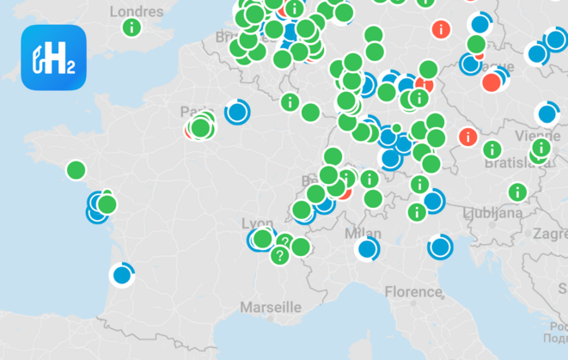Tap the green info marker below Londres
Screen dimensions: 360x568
[131, 27]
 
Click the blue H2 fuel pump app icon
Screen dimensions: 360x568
[54, 58]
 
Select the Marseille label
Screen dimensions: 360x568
[271, 307]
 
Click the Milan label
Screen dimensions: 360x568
[363, 234]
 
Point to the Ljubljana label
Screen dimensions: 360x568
[492, 212]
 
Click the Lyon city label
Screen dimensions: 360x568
[258, 221]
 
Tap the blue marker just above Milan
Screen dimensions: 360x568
[368, 249]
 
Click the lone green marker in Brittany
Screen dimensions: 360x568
[76, 170]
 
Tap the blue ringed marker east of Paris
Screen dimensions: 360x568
[236, 112]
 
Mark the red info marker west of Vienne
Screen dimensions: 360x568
[467, 136]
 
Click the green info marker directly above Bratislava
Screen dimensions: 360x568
[492, 149]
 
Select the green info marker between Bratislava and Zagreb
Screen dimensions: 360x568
[517, 192]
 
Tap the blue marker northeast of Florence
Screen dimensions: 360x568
[440, 247]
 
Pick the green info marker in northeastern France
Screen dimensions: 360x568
[290, 102]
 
